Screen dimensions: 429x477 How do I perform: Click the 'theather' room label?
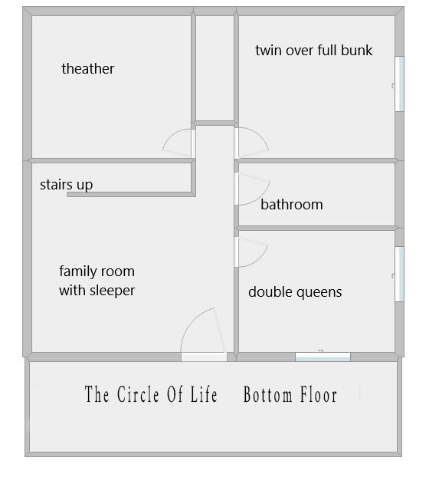tap(88, 69)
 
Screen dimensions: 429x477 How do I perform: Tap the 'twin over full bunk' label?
tap(314, 50)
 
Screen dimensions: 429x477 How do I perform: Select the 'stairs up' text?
tap(66, 185)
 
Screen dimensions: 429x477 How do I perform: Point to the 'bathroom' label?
tap(292, 205)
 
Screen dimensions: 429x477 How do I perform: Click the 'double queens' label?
tap(295, 292)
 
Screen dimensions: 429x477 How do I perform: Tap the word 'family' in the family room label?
tap(78, 271)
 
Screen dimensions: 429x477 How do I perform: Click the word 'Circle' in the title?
tap(138, 394)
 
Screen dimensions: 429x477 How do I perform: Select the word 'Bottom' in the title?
tap(267, 394)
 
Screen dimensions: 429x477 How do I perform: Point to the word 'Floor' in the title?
tap(319, 394)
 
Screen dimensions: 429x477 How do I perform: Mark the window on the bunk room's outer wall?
tap(400, 84)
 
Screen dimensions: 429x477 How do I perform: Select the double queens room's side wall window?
tap(400, 274)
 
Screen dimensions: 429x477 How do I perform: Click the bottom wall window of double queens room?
tap(323, 357)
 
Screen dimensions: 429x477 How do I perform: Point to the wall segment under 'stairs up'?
tap(131, 195)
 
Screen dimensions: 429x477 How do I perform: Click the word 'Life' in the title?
tap(204, 394)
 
